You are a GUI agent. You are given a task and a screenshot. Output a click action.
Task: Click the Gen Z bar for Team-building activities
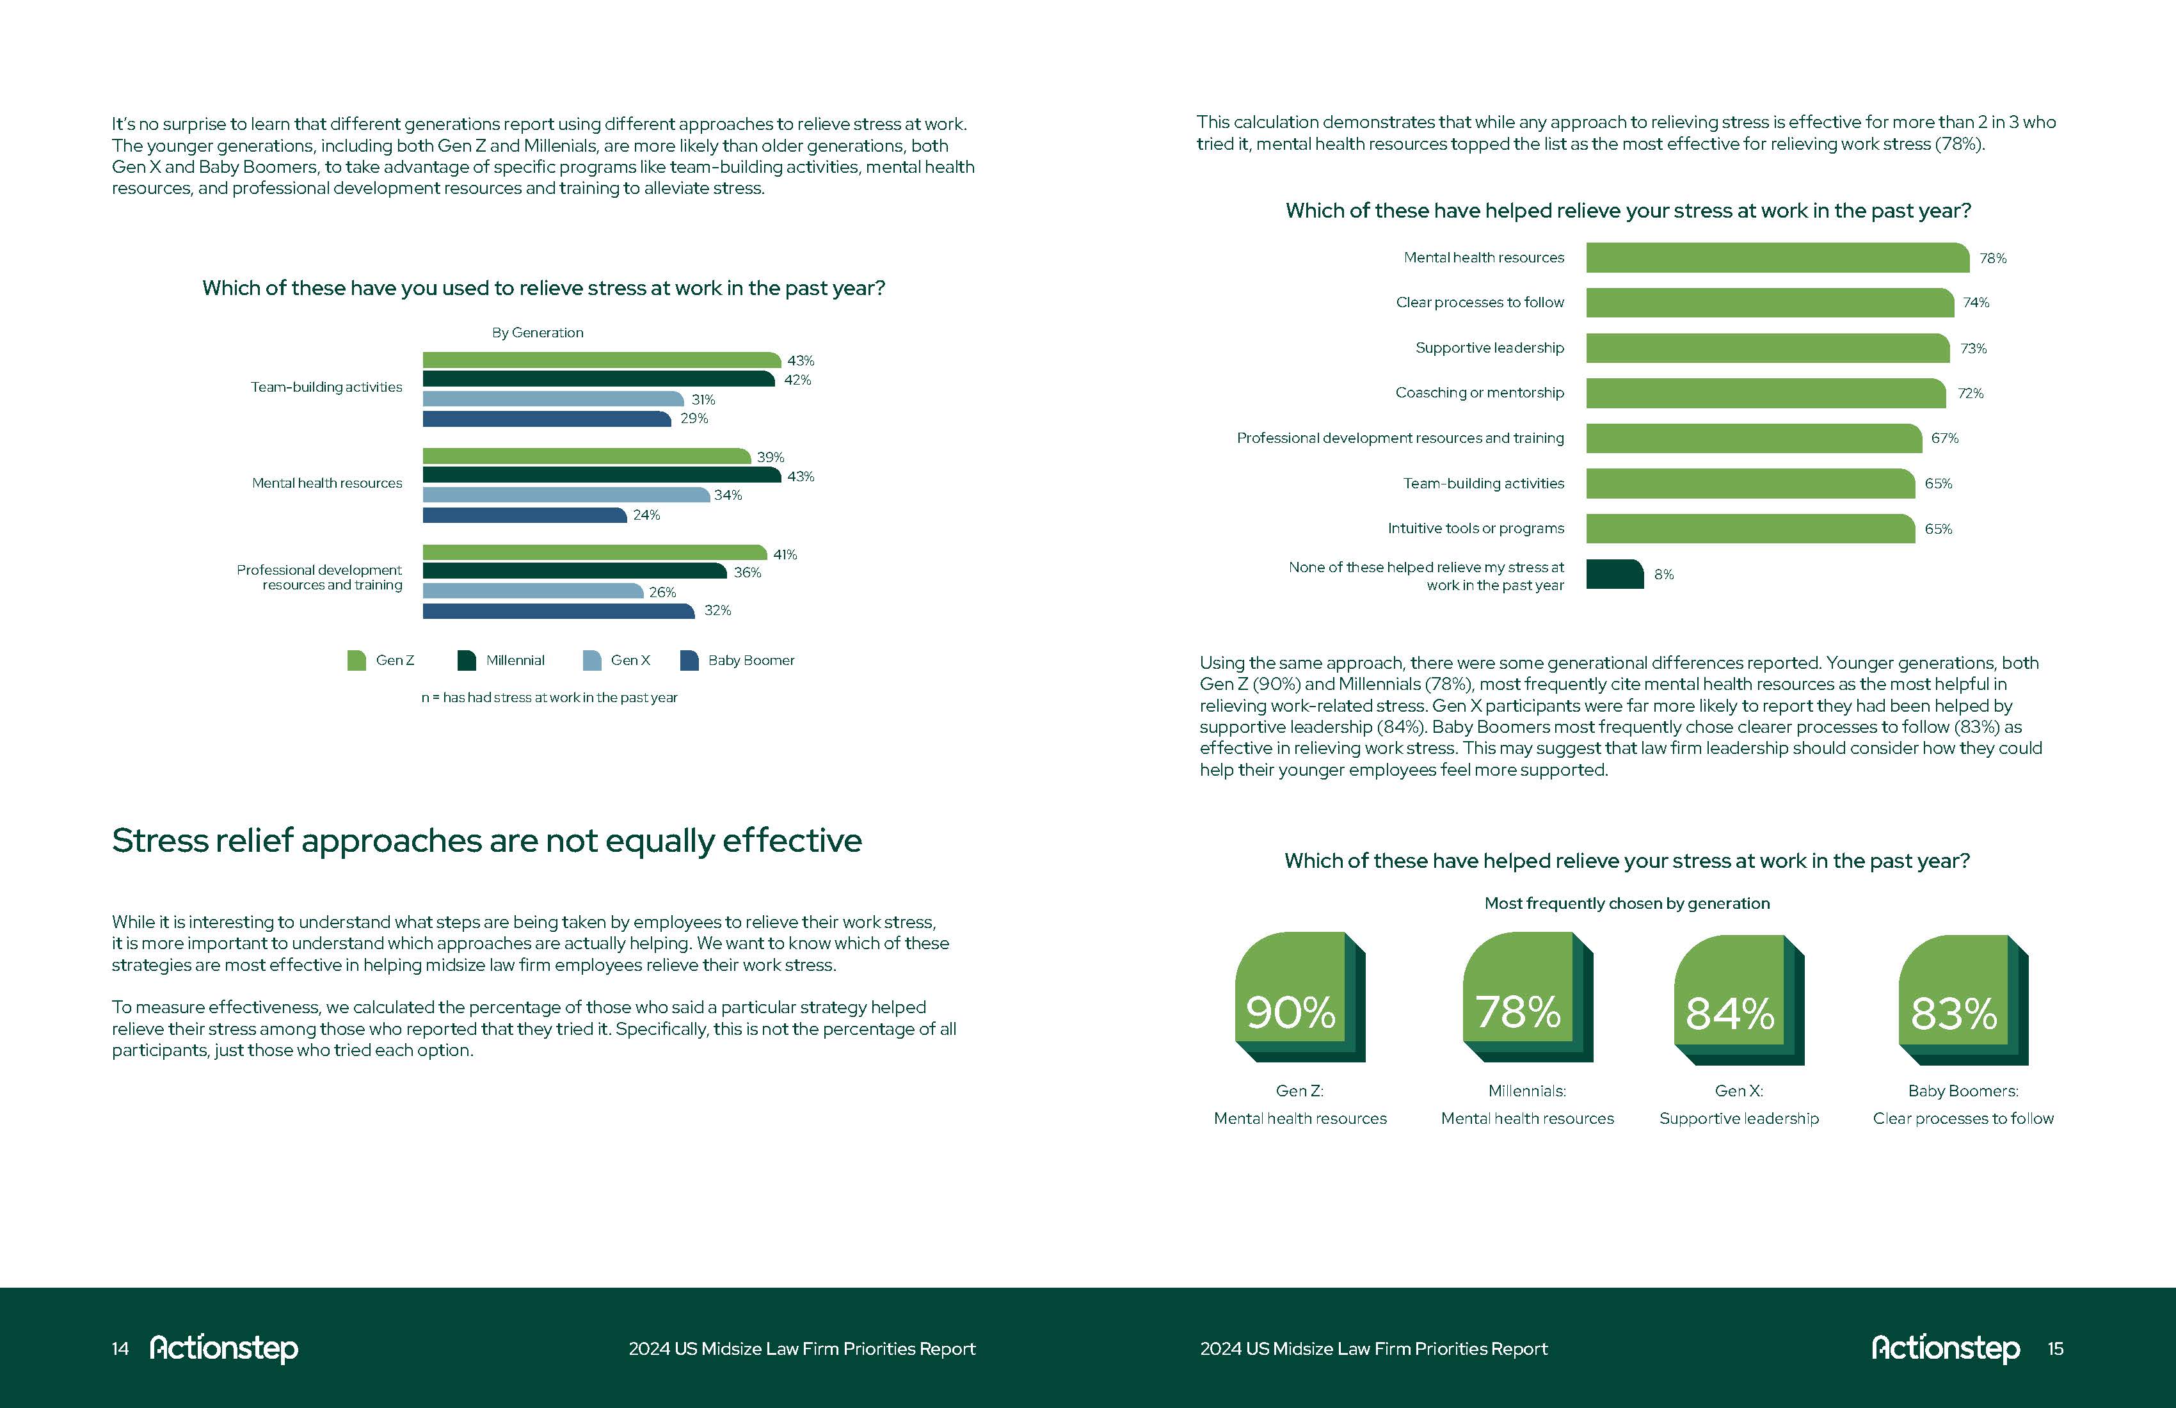click(601, 360)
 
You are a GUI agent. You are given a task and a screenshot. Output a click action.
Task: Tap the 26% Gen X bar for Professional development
click(532, 591)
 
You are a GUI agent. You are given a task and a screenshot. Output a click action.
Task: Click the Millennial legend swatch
click(467, 660)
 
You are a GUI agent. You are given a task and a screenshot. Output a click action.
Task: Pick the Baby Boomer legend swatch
click(689, 660)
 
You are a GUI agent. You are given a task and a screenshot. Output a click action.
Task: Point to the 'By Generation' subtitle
click(538, 333)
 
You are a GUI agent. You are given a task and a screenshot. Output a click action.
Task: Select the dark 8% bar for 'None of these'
click(1613, 574)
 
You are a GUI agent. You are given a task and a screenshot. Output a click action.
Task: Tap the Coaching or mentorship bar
click(1764, 393)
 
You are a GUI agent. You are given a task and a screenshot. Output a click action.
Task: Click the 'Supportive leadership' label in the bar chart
click(1489, 348)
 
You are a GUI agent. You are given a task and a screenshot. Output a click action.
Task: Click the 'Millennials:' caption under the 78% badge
click(1527, 1091)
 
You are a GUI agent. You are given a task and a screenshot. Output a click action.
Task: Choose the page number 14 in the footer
click(120, 1348)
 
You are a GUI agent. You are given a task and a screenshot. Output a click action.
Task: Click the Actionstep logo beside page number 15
click(1945, 1348)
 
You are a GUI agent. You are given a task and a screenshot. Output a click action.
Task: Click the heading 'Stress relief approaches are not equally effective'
click(486, 840)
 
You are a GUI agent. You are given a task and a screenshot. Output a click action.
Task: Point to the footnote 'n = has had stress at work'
click(548, 698)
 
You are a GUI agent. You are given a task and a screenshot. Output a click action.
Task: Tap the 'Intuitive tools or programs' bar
click(1749, 529)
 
